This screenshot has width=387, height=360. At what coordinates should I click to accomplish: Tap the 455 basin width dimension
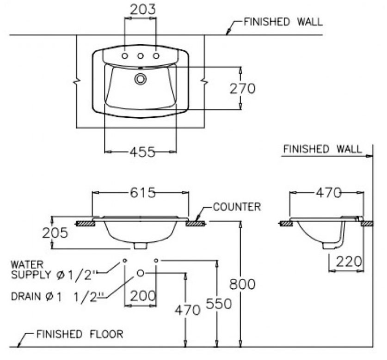(x=141, y=151)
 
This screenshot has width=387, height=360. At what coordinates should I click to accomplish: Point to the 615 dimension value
(x=141, y=192)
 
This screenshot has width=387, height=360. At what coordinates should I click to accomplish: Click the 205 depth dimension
(x=55, y=233)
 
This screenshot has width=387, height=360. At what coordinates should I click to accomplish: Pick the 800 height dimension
(x=242, y=284)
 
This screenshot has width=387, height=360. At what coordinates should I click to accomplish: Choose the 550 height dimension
(x=218, y=304)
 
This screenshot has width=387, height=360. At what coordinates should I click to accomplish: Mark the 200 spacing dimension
(x=141, y=295)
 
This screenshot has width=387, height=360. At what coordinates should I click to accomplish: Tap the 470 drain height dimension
(x=187, y=309)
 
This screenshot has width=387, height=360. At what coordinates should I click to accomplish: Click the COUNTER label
(x=237, y=207)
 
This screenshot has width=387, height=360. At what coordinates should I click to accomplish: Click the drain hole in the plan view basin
(x=140, y=79)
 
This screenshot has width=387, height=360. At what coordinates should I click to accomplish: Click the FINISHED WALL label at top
(x=283, y=22)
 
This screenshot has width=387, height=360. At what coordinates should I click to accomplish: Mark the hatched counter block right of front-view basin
(x=195, y=223)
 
